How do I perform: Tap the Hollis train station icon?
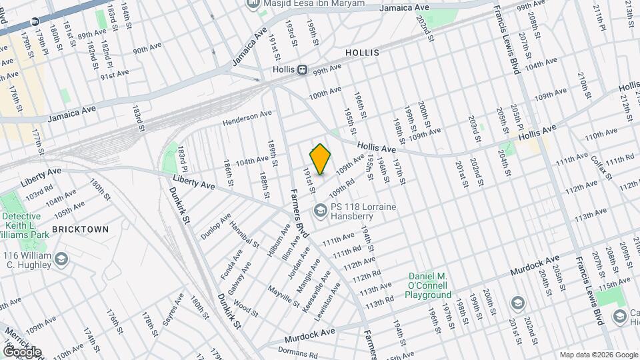click(x=302, y=69)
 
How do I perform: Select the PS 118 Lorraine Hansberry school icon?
click(x=321, y=212)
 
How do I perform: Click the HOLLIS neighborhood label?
click(x=363, y=52)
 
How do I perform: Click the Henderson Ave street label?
click(x=247, y=119)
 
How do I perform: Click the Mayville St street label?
click(x=284, y=296)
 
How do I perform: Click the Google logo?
click(x=21, y=351)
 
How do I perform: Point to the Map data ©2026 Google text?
click(x=598, y=355)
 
